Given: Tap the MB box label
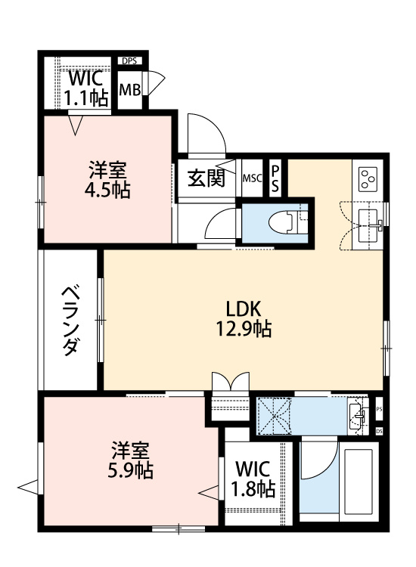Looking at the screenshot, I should (x=130, y=90).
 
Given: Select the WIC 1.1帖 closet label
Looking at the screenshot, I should (x=87, y=88).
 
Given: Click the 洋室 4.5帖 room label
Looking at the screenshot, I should (x=107, y=181).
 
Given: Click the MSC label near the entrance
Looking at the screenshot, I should (x=252, y=179).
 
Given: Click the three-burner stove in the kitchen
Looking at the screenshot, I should (x=371, y=179).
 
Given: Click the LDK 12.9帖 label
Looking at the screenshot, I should (x=244, y=318).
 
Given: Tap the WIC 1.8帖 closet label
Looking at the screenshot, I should (x=253, y=479).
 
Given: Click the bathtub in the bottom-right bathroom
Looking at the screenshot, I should (x=359, y=479).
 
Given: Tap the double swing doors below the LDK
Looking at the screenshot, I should (x=231, y=380).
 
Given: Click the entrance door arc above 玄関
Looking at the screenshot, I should (x=206, y=136).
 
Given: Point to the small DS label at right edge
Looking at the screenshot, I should (x=379, y=431).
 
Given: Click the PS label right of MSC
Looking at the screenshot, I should (x=275, y=178).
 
